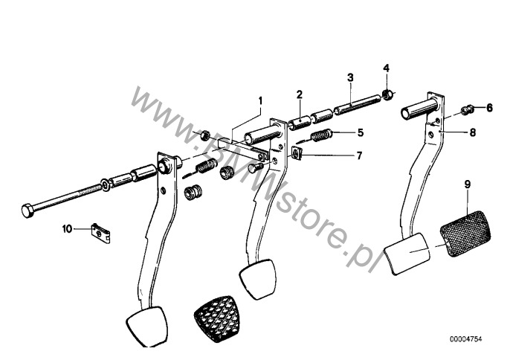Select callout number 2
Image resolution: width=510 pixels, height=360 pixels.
[299, 94]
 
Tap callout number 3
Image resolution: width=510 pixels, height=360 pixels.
[350, 78]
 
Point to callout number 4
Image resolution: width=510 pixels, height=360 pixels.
[386, 68]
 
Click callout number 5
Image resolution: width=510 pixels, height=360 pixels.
[360, 133]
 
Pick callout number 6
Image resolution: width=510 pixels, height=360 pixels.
[489, 108]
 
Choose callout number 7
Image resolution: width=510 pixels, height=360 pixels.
[359, 156]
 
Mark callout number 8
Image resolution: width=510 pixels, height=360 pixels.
[473, 132]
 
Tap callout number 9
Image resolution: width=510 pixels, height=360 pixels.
[468, 184]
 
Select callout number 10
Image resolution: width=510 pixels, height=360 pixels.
[67, 229]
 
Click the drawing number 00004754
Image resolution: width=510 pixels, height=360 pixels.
[465, 339]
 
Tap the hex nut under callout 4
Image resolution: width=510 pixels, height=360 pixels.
[387, 94]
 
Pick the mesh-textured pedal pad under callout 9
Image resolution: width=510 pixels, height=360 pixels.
[465, 234]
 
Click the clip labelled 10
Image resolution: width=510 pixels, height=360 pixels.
[102, 232]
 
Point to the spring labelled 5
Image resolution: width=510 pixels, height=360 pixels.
[321, 135]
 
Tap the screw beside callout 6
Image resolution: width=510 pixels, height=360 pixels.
[467, 110]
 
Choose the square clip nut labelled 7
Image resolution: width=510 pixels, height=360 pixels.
[297, 153]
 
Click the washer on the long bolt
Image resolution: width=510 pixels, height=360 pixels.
[106, 184]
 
